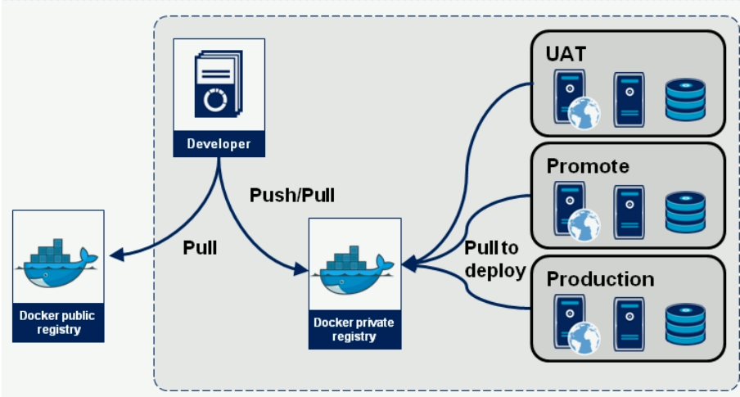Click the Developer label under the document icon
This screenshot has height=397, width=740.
click(219, 143)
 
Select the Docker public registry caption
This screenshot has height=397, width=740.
click(57, 323)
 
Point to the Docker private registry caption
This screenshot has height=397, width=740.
click(354, 330)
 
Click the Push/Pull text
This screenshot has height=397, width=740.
click(292, 195)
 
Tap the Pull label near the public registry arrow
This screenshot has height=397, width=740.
click(200, 248)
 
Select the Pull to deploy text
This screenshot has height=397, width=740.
click(494, 259)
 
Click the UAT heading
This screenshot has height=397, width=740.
click(566, 54)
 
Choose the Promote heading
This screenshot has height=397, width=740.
click(588, 166)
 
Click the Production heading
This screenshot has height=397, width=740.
click(600, 279)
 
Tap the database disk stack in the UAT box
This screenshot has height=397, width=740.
click(685, 100)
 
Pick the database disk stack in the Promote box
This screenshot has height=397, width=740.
click(685, 212)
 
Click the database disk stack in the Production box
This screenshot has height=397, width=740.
click(685, 325)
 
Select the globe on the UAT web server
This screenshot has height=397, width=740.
click(584, 113)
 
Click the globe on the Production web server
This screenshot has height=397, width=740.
click(584, 338)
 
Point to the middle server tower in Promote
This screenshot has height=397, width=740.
click(629, 212)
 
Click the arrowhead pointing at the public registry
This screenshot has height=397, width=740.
click(116, 255)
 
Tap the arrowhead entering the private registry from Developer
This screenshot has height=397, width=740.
click(300, 269)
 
